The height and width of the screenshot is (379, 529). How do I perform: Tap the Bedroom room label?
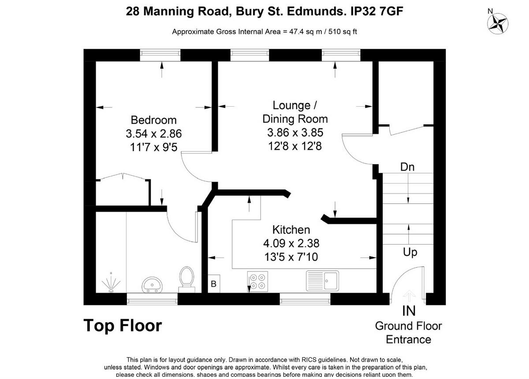pyautogui.click(x=153, y=120)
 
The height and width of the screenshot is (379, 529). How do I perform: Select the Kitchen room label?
pyautogui.click(x=291, y=230)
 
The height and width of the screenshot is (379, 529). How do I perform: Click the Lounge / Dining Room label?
pyautogui.click(x=295, y=112)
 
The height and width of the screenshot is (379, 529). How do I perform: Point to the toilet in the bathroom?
pyautogui.click(x=186, y=279)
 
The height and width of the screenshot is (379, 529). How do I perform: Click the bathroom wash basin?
pyautogui.click(x=152, y=285)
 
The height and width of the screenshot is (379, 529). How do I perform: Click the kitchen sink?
pyautogui.click(x=323, y=280)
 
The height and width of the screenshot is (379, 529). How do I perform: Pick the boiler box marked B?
pyautogui.click(x=214, y=284)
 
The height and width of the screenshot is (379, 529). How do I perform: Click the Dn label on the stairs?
pyautogui.click(x=407, y=167)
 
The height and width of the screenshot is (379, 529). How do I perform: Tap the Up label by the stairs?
pyautogui.click(x=410, y=253)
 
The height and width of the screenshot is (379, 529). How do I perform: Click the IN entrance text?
pyautogui.click(x=409, y=311)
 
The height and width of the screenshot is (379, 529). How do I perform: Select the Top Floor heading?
pyautogui.click(x=123, y=326)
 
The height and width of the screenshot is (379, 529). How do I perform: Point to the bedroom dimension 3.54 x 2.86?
pyautogui.click(x=153, y=134)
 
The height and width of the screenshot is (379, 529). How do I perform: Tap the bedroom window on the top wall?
pyautogui.click(x=160, y=55)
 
